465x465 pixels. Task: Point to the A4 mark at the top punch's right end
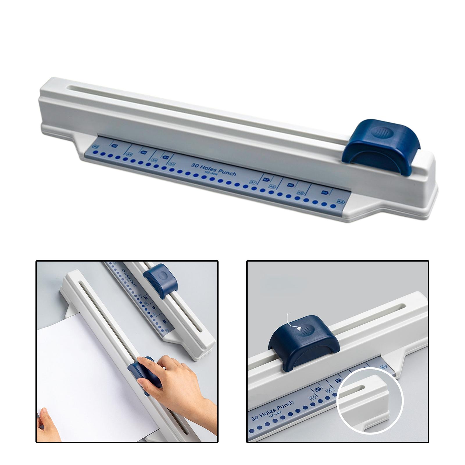pos(340,201)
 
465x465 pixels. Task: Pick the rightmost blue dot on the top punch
pos(333,206)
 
